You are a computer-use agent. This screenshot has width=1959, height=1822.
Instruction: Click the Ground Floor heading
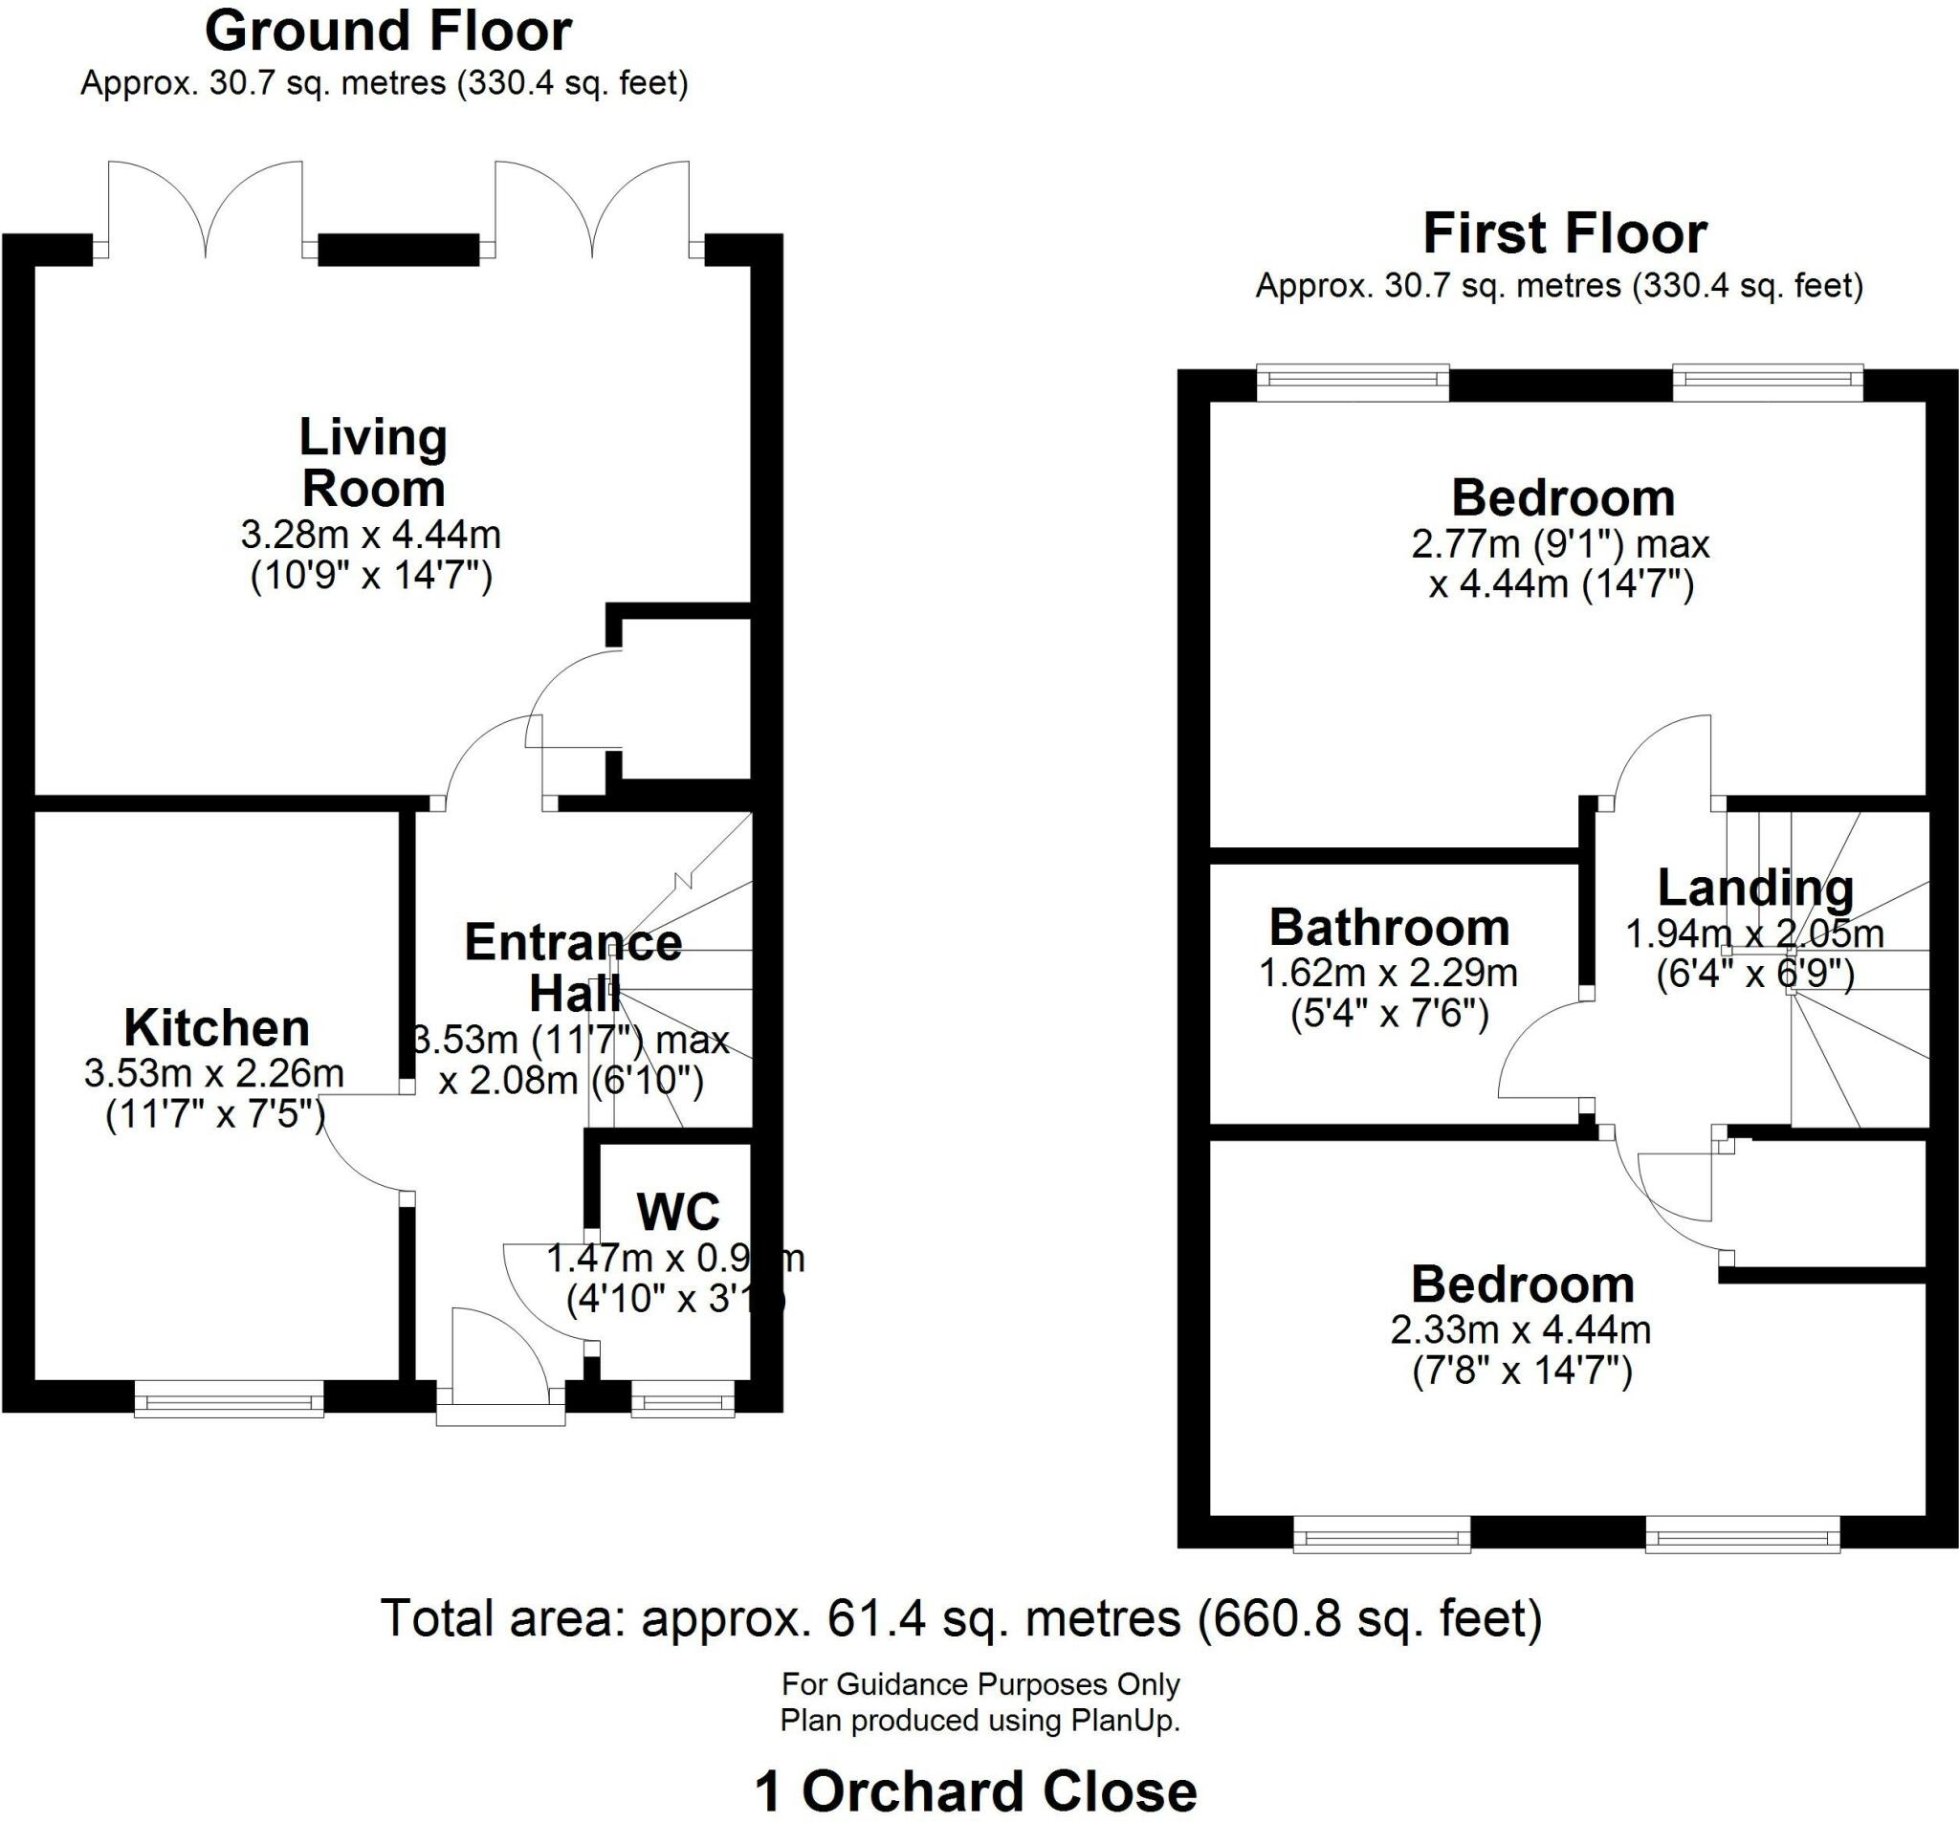[x=387, y=33]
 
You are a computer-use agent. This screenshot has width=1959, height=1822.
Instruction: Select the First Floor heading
[x=1564, y=235]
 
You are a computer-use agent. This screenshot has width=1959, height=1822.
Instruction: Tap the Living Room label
[x=373, y=463]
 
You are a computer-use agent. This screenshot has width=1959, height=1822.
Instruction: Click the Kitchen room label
[x=217, y=1029]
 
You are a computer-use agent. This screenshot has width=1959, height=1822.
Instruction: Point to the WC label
[x=678, y=1212]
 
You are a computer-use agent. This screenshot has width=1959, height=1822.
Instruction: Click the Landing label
[x=1755, y=889]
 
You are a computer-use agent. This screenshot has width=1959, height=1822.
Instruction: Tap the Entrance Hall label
[x=574, y=968]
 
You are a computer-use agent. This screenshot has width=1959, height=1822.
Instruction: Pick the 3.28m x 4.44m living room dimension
[x=371, y=535]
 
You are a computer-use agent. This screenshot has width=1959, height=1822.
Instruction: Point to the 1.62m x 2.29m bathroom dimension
[x=1389, y=974]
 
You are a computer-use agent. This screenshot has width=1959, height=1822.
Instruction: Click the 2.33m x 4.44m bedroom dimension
[x=1521, y=1331]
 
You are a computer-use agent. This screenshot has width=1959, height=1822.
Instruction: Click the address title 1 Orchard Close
[x=976, y=1791]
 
